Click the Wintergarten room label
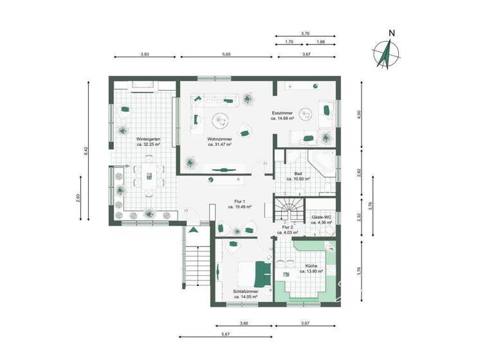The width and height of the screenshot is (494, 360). click(x=148, y=139)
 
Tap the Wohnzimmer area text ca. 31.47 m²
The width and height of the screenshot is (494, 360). click(x=219, y=145)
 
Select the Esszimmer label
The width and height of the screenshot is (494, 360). click(x=282, y=113)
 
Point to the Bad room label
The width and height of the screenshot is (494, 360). click(x=298, y=174)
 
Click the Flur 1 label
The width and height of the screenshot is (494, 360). click(x=239, y=201)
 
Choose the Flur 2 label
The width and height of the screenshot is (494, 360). click(x=288, y=228)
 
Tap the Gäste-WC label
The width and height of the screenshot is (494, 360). click(x=321, y=217)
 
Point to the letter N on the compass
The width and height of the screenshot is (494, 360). click(x=392, y=33)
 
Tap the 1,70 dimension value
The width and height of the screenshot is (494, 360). click(x=289, y=42)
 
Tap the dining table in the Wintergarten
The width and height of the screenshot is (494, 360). click(x=149, y=178)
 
